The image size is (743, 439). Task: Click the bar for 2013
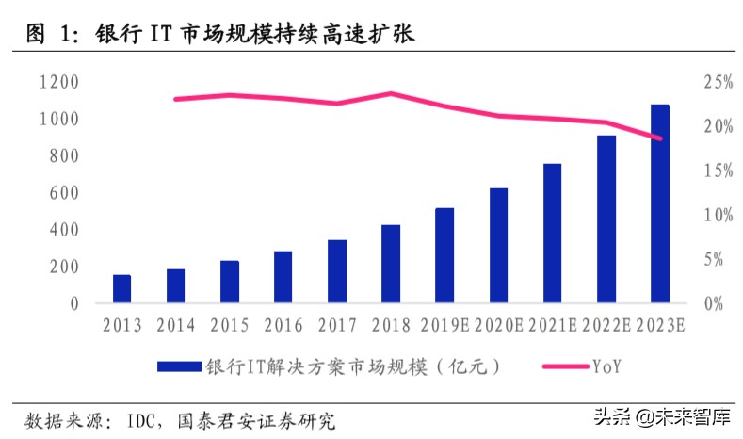point(121,289)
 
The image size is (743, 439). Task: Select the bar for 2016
point(283,277)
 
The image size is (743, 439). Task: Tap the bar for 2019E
point(444,255)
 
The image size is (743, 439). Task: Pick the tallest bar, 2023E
point(660,203)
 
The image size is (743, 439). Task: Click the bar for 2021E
point(552,234)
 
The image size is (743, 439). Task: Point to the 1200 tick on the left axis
point(59,83)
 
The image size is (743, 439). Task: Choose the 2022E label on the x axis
point(606,326)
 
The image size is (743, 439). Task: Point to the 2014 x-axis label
point(175,326)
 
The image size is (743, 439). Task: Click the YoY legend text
point(608,365)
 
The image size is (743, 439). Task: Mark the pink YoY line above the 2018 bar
point(391,94)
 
